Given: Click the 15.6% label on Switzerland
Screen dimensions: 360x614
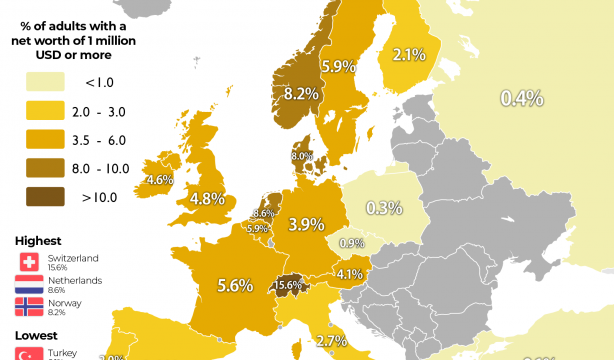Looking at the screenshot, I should point(288,285).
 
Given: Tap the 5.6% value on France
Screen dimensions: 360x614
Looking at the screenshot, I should point(234,285).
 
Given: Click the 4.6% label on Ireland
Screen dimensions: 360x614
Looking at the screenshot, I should point(160,181).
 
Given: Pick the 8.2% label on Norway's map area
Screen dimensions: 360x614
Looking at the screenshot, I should point(301,95).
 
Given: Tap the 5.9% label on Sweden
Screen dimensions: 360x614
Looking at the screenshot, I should point(338,67).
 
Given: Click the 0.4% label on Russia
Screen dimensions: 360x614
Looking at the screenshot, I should point(522,97).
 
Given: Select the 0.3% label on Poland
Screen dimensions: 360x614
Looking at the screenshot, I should point(384,208).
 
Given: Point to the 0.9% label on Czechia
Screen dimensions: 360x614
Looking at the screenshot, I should point(351,243).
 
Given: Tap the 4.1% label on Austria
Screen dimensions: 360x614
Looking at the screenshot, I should point(348,274).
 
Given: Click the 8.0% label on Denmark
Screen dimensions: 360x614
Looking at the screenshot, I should point(301,156).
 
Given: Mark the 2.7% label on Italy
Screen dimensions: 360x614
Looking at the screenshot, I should point(331,341).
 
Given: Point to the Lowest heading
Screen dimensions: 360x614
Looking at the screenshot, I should point(37,337).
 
